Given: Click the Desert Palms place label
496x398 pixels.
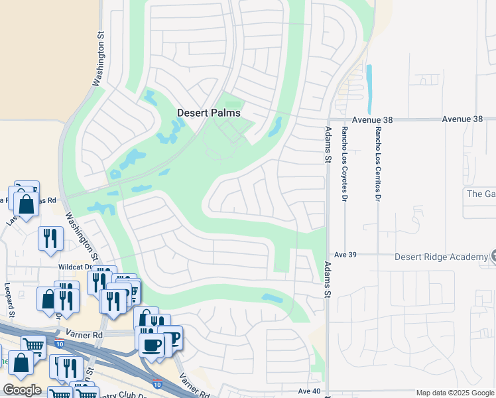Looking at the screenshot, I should [x=208, y=113].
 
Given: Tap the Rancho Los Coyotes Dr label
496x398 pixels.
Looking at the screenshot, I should [x=345, y=163].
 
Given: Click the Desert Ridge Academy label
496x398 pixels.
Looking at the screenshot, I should [x=441, y=257].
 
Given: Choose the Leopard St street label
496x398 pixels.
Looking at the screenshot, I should [x=9, y=300].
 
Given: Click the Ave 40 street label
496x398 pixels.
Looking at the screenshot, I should [x=309, y=391].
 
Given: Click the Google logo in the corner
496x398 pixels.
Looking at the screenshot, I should [x=22, y=390].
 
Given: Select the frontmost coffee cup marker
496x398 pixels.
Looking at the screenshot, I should [x=153, y=346].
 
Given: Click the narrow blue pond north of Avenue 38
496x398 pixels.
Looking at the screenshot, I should [x=369, y=88].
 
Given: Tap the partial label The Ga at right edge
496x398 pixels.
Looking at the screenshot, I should [x=481, y=194].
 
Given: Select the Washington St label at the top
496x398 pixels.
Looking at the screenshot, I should [x=99, y=60].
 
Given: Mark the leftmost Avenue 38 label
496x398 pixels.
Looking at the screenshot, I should [x=373, y=120].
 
